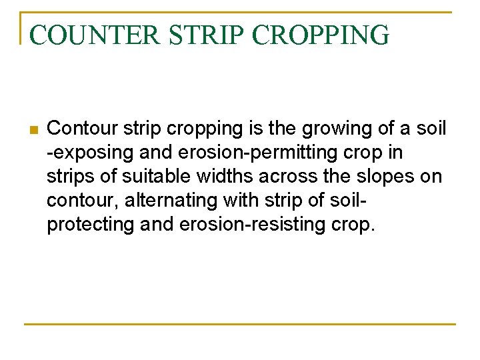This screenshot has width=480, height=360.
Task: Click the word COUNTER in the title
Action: pos(95,35)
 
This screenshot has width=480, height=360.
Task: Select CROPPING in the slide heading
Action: pos(321,35)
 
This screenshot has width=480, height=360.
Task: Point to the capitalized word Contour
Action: pos(82,128)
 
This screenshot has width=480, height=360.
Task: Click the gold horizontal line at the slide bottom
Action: pos(240,324)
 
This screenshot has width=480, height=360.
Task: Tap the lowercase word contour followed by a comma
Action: pos(85,200)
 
